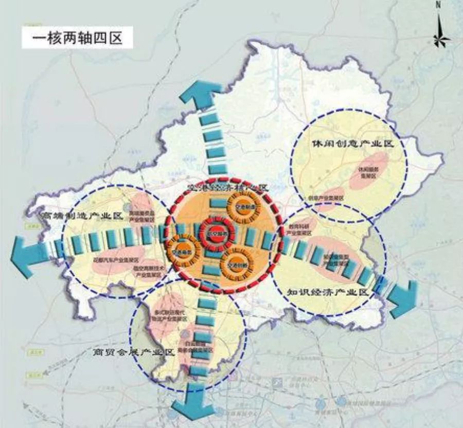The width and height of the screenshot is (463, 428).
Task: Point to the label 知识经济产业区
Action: (329, 292)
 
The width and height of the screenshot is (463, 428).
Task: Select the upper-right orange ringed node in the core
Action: (244, 208)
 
